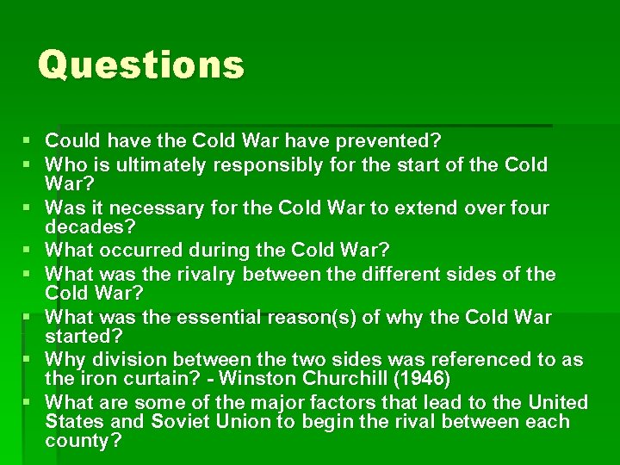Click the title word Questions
point(141,65)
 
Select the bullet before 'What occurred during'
point(27,251)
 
